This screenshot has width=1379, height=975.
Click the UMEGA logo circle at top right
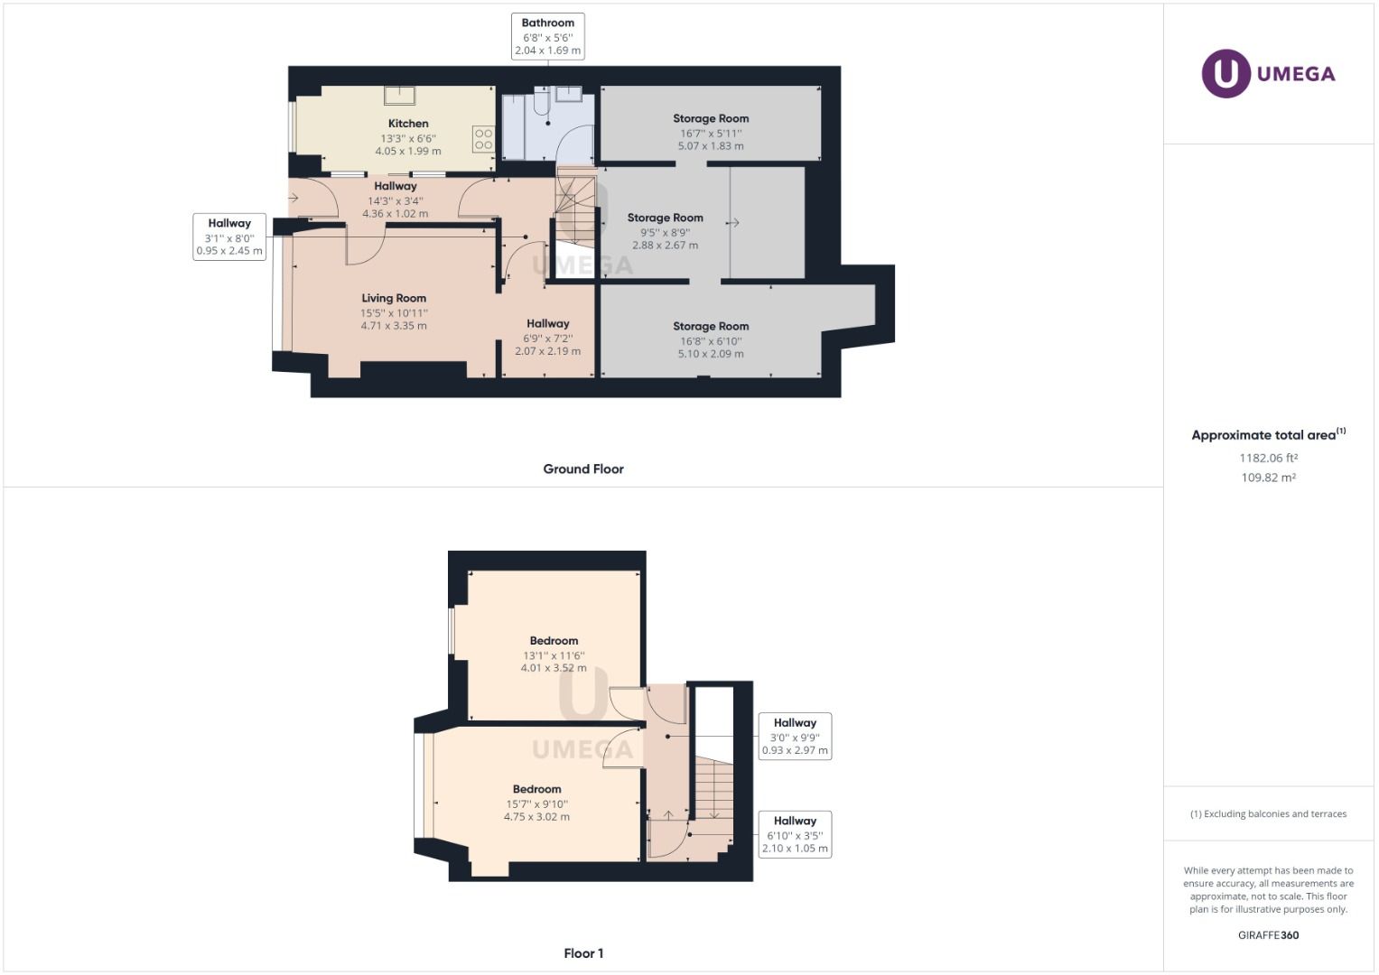pyautogui.click(x=1225, y=73)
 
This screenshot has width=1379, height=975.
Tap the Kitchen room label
pyautogui.click(x=408, y=124)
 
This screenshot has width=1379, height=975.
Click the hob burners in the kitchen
pyautogui.click(x=483, y=139)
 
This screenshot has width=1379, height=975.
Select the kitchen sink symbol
pyautogui.click(x=398, y=96)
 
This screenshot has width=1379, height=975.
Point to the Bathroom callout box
pyautogui.click(x=547, y=36)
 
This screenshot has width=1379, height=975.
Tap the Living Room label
pyautogui.click(x=394, y=298)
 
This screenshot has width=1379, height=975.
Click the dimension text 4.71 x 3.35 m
pyautogui.click(x=394, y=326)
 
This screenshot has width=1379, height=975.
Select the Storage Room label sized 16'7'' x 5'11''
pyautogui.click(x=711, y=118)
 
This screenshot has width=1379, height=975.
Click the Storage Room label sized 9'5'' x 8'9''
pyautogui.click(x=665, y=218)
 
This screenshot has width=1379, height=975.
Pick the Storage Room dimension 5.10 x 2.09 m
pyautogui.click(x=711, y=354)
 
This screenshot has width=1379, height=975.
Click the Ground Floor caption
pyautogui.click(x=583, y=469)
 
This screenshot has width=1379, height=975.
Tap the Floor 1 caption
pyautogui.click(x=583, y=953)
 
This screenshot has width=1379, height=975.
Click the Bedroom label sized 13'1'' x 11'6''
pyautogui.click(x=554, y=641)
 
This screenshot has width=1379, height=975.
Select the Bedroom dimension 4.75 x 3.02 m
pyautogui.click(x=536, y=817)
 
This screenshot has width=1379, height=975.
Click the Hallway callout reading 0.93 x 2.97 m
pyautogui.click(x=795, y=736)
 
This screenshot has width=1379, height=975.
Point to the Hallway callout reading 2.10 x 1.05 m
pyautogui.click(x=795, y=834)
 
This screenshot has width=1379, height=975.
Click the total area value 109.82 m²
pyautogui.click(x=1268, y=478)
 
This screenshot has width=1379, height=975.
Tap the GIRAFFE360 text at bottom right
pyautogui.click(x=1268, y=935)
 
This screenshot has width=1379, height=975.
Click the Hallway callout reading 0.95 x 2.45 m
pyautogui.click(x=229, y=237)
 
